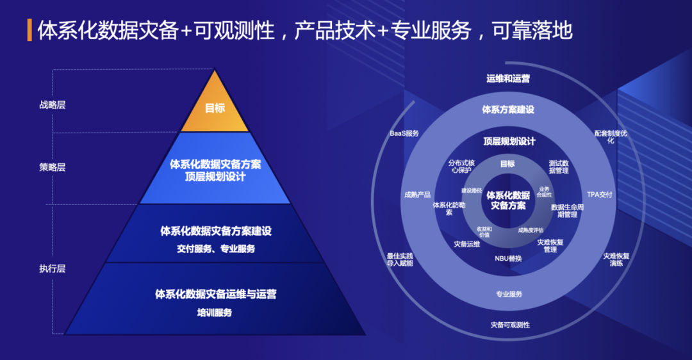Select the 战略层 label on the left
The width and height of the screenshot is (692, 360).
coord(52,105)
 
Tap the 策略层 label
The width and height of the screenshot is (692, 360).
coord(52,167)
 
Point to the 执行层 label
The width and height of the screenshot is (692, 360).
coord(52,269)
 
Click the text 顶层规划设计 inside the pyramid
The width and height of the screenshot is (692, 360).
coord(215,177)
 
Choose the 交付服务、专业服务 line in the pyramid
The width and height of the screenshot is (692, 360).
coord(215,249)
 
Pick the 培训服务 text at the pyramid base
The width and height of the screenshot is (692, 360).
coord(215,313)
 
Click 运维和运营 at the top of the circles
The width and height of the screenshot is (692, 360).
coord(507,78)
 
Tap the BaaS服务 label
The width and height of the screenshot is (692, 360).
coord(404,133)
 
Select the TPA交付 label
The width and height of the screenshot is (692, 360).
coord(600,194)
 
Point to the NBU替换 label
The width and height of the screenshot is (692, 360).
coord(508,258)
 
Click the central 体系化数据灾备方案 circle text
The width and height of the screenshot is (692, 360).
coord(508,200)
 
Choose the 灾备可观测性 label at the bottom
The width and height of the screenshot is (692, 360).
coord(510,325)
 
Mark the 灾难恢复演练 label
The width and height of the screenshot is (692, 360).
coord(616,259)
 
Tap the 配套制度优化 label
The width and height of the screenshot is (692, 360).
coord(613,136)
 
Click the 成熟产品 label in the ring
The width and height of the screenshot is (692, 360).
coord(417,195)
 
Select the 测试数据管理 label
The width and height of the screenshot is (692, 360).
coord(559,167)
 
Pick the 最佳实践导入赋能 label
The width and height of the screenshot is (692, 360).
coord(400,259)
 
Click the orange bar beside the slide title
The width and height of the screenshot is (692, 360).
coord(29,30)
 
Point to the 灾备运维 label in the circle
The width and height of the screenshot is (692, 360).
coord(467,243)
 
